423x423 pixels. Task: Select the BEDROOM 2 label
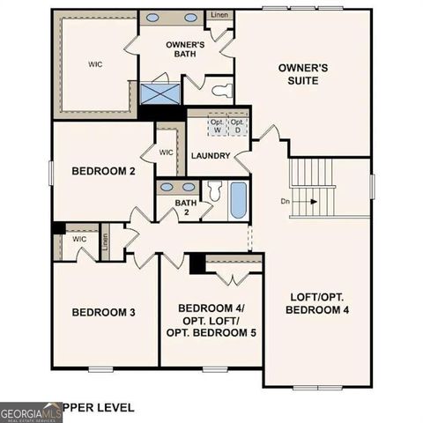[103, 171]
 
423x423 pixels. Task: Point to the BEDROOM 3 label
[103, 312]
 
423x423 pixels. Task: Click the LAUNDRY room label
[210, 156]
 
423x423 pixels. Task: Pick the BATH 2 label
[185, 209]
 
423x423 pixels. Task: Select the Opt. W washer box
[216, 127]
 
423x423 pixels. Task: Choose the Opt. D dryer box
[236, 127]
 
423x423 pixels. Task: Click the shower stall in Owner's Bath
[160, 93]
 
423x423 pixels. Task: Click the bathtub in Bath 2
[238, 202]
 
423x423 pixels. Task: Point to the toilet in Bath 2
[214, 192]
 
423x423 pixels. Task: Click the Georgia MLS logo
[31, 412]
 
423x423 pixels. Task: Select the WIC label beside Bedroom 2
[167, 152]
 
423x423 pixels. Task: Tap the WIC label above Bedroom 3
[79, 239]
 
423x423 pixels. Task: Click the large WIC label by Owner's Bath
[95, 63]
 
